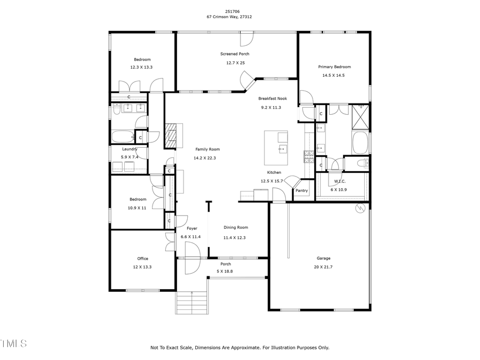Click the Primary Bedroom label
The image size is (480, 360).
pos(334,67)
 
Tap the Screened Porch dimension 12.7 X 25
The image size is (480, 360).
pos(235,62)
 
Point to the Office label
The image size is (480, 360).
pos(142,259)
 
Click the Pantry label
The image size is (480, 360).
pos(301,190)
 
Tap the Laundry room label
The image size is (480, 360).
pos(130,149)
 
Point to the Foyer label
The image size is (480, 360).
pos(191,228)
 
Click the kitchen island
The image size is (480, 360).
pos(276,148)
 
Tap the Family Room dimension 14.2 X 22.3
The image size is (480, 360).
pos(206,158)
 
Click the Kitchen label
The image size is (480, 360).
pos(274,172)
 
